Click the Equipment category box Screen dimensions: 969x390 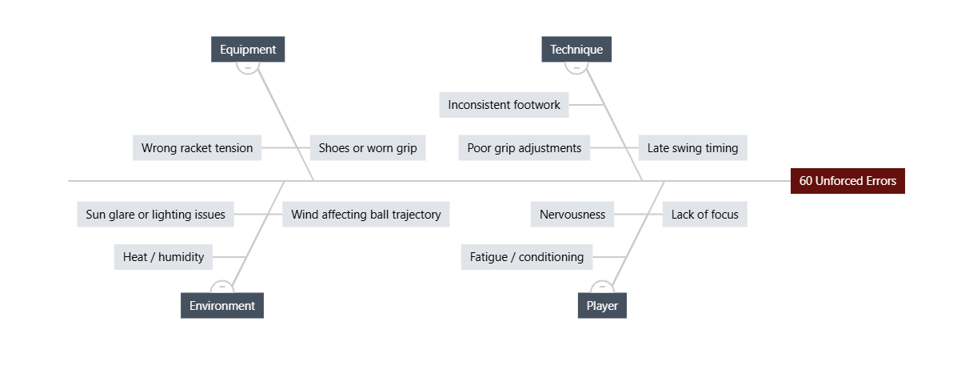pos(248,50)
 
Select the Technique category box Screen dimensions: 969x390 pos(576,50)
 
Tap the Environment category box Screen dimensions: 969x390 pos(222,305)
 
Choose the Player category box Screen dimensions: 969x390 pos(602,305)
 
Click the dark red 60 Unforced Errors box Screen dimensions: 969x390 pos(847,181)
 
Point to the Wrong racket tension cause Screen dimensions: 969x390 pos(197,148)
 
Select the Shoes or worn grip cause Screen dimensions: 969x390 pos(368,148)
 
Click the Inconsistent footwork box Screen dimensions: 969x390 pos(504,105)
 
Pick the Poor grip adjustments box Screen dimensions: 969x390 pos(524,148)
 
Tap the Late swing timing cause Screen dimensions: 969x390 pos(692,148)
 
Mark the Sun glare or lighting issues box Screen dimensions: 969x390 pos(155,214)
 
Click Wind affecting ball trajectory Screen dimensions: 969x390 pos(366,214)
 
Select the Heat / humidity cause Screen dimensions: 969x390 pos(163,257)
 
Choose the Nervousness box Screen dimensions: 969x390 pos(572,214)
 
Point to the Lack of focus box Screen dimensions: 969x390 pos(704,214)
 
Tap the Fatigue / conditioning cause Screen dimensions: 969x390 pos(526,257)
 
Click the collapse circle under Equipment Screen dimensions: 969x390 pos(248,73)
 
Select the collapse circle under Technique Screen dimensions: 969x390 pos(576,73)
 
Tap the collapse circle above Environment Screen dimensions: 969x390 pos(222,281)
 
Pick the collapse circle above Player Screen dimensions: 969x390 pos(602,281)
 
